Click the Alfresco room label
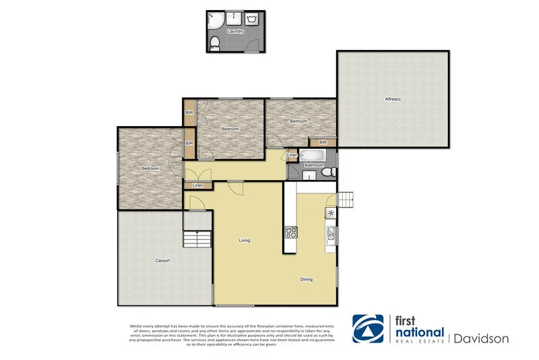393,100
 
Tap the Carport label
162,260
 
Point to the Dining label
306,279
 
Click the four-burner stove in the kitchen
292,233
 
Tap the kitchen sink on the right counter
331,234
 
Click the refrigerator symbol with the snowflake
331,214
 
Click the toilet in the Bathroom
327,173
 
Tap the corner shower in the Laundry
215,20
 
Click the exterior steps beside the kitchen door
345,200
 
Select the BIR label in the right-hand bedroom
323,143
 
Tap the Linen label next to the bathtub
292,156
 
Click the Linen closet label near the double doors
198,185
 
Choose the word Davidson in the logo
481,338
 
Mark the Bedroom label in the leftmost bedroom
150,169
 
